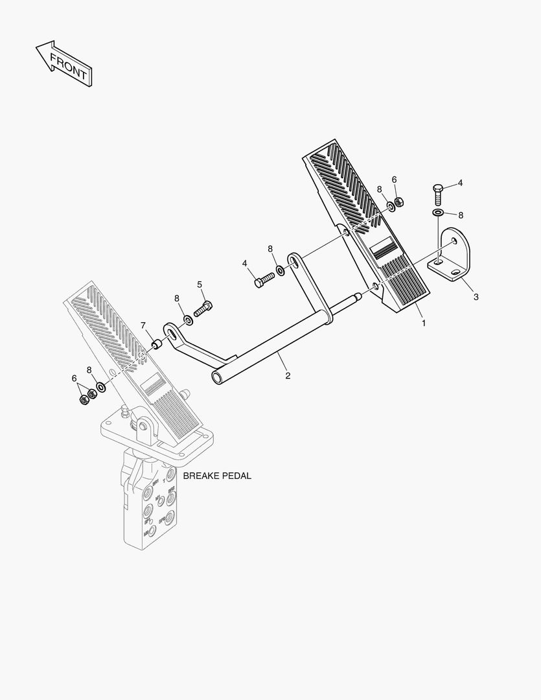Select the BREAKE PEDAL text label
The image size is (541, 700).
(x=216, y=476)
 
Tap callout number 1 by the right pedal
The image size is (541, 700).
(x=424, y=322)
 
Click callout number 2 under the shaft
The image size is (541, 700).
(x=288, y=375)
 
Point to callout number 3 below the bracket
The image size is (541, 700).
(x=476, y=297)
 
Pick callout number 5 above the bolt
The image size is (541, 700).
(x=200, y=284)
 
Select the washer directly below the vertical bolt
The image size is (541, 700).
(x=438, y=213)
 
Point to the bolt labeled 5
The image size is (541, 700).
(x=203, y=309)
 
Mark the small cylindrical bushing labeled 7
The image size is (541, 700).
(x=155, y=342)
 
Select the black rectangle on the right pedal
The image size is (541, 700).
(x=385, y=249)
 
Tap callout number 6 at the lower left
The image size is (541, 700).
(x=74, y=379)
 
